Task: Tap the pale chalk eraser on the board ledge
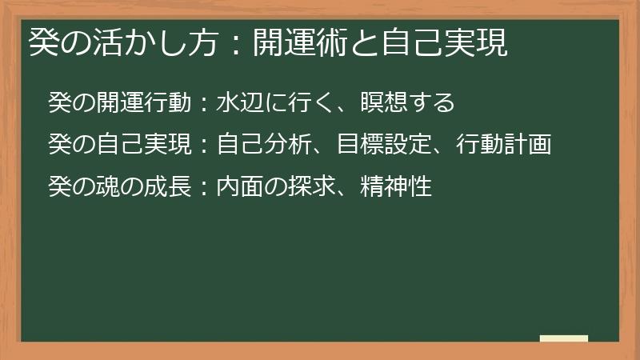564,338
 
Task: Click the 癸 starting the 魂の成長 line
60,187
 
